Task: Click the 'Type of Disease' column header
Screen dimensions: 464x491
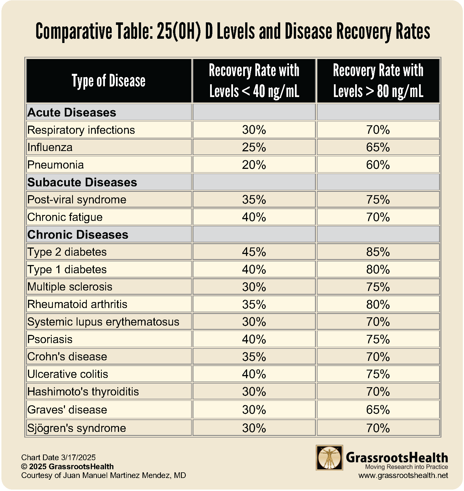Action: point(109,81)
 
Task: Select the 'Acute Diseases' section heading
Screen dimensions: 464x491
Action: point(72,112)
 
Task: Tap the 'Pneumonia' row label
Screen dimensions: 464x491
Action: point(56,165)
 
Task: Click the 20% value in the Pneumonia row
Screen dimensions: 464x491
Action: point(254,165)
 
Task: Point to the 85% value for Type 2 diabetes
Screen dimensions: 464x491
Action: point(378,252)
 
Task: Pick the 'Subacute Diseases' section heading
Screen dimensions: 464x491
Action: point(82,182)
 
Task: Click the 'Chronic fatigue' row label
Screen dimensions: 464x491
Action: point(65,217)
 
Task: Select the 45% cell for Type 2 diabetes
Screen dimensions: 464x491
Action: point(254,252)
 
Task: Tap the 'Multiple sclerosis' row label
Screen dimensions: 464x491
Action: point(70,287)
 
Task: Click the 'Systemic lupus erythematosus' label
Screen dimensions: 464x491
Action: point(103,322)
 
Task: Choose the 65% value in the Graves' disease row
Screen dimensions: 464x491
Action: point(378,410)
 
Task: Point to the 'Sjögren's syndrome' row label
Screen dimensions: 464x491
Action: point(77,428)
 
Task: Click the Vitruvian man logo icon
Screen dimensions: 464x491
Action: point(329,457)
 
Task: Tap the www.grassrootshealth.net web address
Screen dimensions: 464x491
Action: point(403,475)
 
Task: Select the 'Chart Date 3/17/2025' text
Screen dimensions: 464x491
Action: point(59,457)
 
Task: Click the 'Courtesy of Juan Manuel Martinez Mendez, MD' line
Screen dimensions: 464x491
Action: point(103,475)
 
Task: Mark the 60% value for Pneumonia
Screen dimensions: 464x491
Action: point(378,165)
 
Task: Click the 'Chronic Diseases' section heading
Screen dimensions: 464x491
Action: point(78,234)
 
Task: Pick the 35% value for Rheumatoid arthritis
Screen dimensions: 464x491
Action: point(254,304)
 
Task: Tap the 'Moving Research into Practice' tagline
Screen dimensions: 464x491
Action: point(407,467)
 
